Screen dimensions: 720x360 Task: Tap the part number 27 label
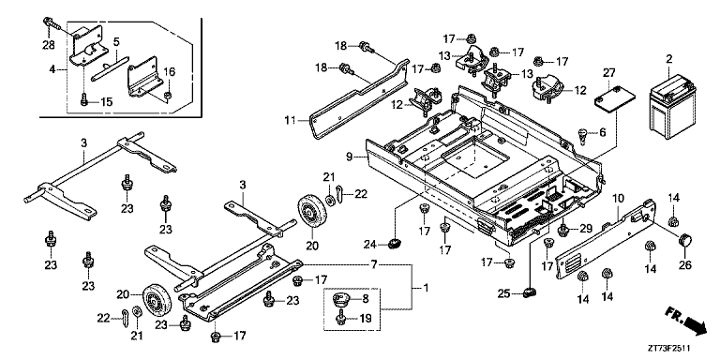click(x=608, y=71)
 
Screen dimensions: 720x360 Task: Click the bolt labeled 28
click(x=52, y=23)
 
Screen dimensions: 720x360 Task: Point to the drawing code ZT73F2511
click(x=669, y=349)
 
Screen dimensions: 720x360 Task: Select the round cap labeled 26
click(x=684, y=240)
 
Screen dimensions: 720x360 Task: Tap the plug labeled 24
click(x=394, y=244)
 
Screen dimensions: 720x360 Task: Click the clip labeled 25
click(x=530, y=292)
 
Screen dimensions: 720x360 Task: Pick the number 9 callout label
click(x=350, y=157)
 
